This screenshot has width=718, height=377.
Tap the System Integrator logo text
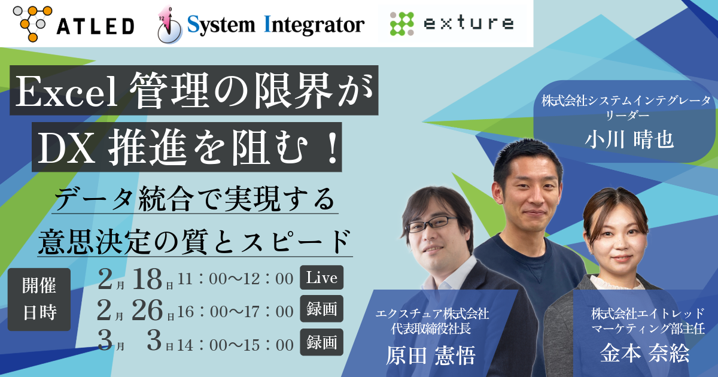coord(261,24)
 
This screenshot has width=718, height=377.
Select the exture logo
coord(452,23)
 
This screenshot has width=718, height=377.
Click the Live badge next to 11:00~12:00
coord(321,278)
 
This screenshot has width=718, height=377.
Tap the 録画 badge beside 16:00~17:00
coord(321,310)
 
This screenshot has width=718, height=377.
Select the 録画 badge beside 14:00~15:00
coord(321,342)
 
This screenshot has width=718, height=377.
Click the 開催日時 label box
coord(39,299)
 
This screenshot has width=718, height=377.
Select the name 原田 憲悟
coord(431,355)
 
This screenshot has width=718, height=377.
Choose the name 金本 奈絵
coord(644,353)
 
